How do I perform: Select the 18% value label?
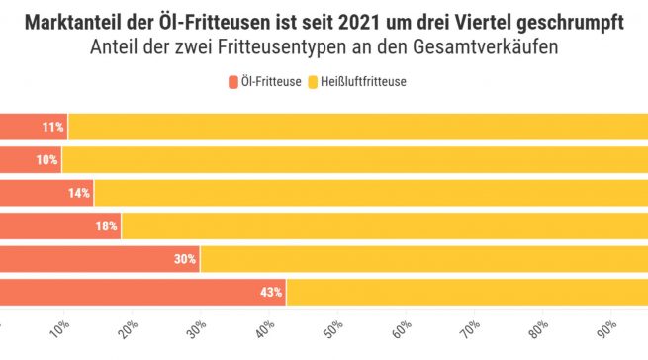coord(107,225)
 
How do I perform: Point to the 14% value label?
coord(79,193)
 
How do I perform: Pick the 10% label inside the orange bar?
coord(47,159)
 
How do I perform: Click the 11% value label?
coord(53,127)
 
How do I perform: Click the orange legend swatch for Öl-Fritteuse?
coord(233,82)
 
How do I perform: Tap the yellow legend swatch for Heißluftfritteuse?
coord(314,82)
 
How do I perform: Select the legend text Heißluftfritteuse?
coord(364,82)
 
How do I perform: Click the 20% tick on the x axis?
coord(129,327)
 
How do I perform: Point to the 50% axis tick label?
coord(332,327)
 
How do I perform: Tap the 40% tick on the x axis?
coord(264,327)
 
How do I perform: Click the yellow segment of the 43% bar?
coord(465,292)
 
